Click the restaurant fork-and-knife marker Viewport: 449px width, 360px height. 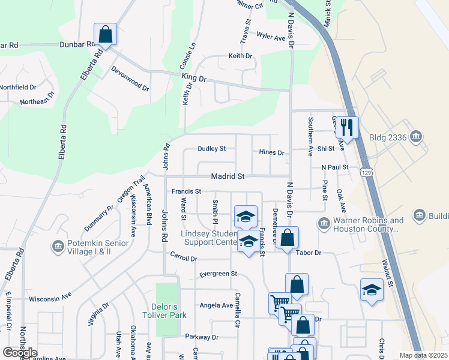coord(347,127)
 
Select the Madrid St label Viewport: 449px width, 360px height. coord(228,176)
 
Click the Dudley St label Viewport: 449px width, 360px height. coord(212,148)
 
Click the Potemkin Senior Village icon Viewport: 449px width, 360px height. coord(58,246)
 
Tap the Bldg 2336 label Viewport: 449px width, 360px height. coord(390,137)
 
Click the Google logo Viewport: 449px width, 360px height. coord(19,353)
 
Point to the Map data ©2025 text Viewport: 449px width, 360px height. coord(423,355)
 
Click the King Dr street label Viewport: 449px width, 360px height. coord(193,78)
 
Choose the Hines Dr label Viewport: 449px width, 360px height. coord(271,152)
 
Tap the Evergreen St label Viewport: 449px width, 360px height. coord(218,274)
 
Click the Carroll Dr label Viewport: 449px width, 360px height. coord(183,258)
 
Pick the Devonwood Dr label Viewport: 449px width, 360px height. coord(130,79)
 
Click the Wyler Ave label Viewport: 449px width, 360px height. coord(270,37)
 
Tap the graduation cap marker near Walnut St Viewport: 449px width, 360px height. coord(372,290)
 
